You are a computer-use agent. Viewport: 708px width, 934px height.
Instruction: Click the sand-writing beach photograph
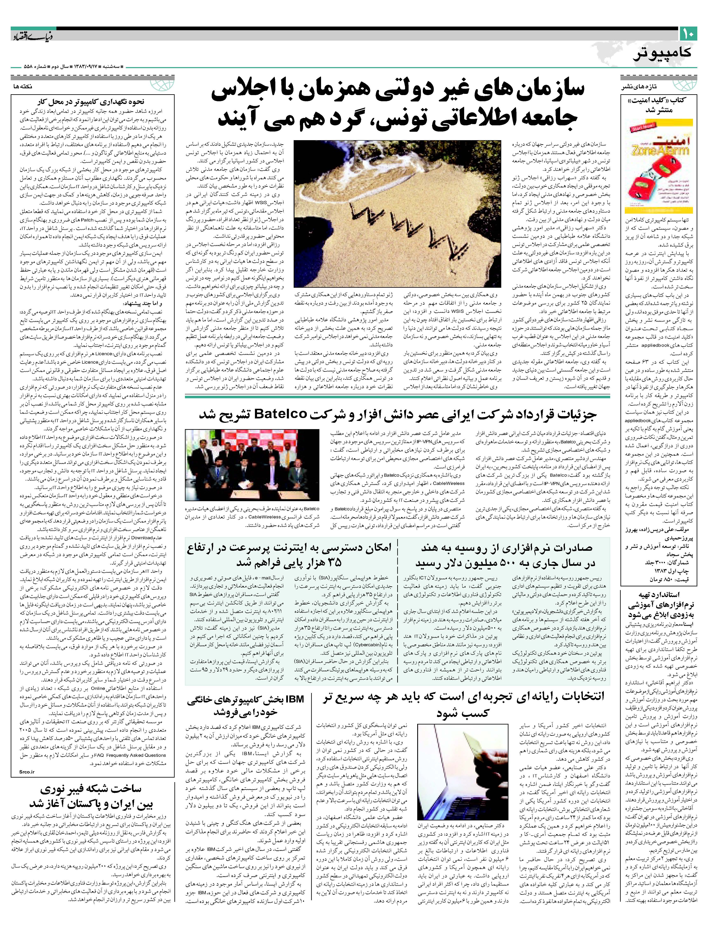397,213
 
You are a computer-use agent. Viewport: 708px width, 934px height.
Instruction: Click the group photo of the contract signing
252,465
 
